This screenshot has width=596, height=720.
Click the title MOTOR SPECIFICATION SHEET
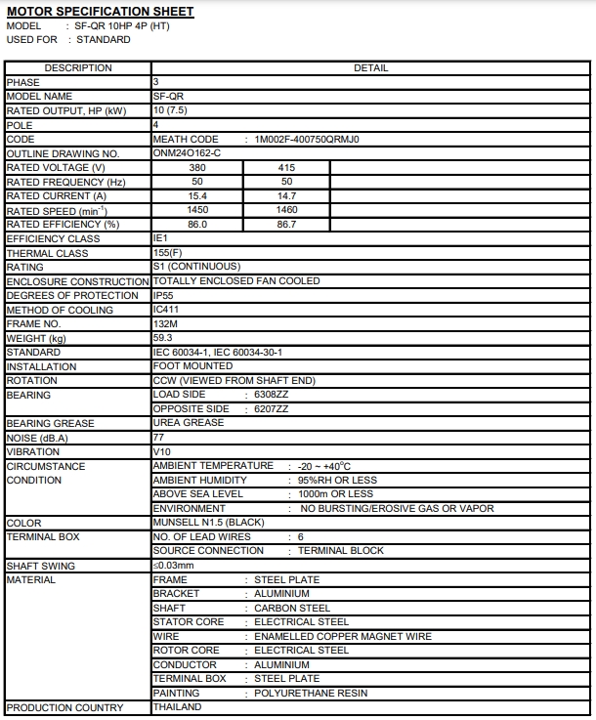(100, 12)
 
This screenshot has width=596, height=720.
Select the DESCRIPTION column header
(78, 68)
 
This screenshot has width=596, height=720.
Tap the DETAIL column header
(371, 68)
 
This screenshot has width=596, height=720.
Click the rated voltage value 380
(197, 168)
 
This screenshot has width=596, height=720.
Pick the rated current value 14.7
(287, 196)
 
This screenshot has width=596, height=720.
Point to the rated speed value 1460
(287, 210)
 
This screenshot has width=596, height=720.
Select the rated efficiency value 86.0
(197, 225)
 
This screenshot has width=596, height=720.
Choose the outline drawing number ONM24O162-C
(188, 153)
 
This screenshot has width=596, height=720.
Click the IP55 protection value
(164, 295)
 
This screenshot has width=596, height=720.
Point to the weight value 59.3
(163, 338)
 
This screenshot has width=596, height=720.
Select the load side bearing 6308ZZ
(272, 395)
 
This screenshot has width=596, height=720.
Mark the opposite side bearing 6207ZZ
(272, 408)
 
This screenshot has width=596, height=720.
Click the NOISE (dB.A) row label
(38, 438)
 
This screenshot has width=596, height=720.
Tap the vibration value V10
(162, 452)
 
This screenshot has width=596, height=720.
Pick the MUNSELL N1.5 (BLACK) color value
(209, 523)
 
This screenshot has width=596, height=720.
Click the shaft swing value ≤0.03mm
(174, 566)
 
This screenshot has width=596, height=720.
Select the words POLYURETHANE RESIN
(311, 693)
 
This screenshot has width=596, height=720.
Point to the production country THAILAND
(178, 707)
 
